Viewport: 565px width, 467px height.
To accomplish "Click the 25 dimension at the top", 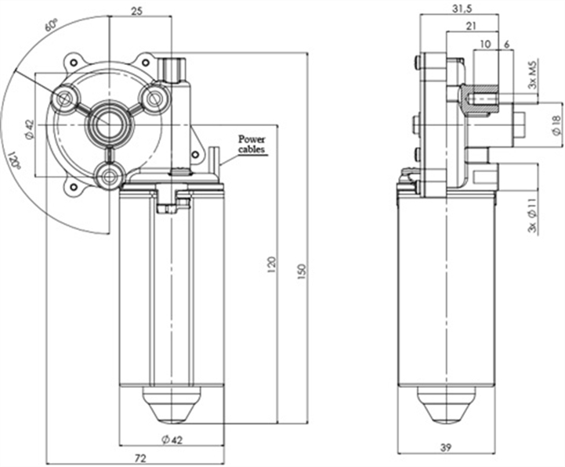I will click(136, 10).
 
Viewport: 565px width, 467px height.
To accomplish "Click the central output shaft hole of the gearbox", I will click(107, 123).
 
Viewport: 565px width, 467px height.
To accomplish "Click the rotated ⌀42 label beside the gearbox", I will click(29, 129).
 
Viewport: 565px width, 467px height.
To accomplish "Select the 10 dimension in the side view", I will click(486, 45).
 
